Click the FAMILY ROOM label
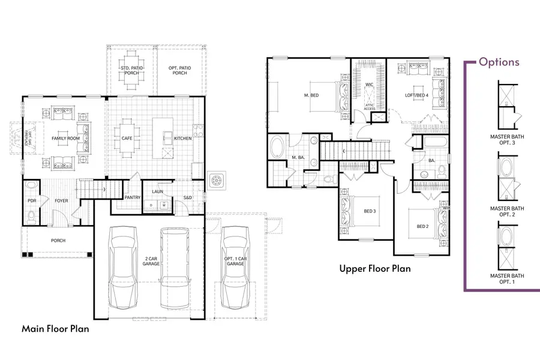click(x=66, y=139)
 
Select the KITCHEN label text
click(x=183, y=139)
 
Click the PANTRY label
click(x=132, y=197)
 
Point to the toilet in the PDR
click(x=31, y=215)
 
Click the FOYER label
click(x=62, y=201)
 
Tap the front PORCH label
click(x=58, y=241)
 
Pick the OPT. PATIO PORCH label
click(x=179, y=70)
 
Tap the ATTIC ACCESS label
click(x=370, y=107)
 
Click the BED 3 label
click(x=370, y=211)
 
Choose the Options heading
click(x=499, y=62)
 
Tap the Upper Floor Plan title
click(x=375, y=269)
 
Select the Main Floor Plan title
click(x=56, y=329)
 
